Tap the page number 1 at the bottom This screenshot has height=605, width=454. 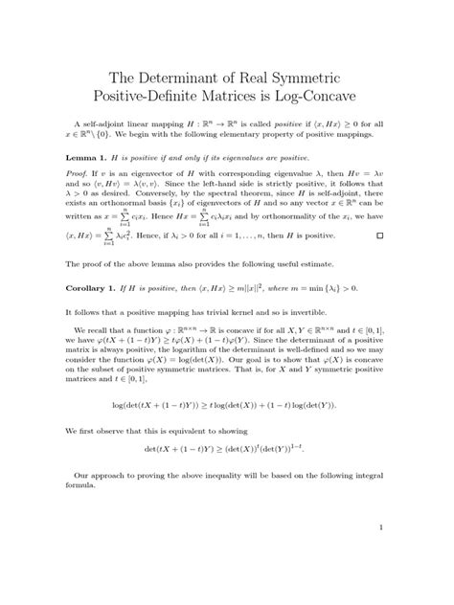point(380,526)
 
